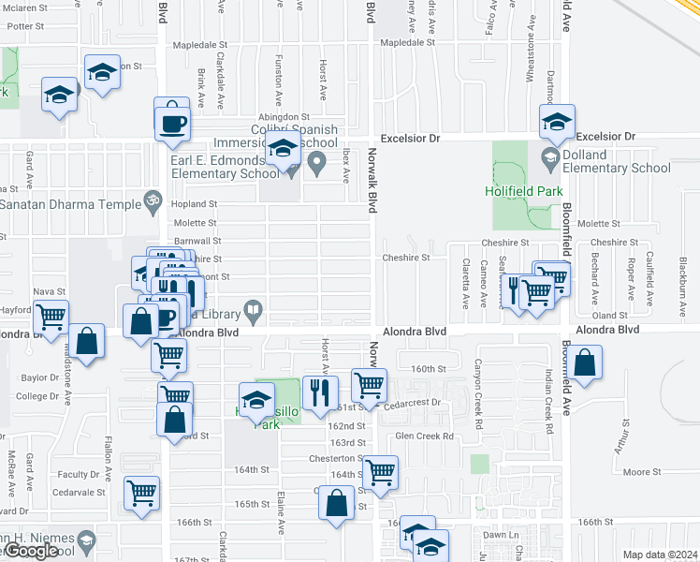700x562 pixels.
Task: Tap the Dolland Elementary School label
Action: (x=617, y=161)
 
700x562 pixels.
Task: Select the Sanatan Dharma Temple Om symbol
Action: (x=148, y=202)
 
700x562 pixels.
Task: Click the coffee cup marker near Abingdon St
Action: (x=172, y=122)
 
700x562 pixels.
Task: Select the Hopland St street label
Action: (x=195, y=203)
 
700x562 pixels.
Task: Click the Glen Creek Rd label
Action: (x=424, y=436)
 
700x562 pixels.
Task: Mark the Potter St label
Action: (x=25, y=26)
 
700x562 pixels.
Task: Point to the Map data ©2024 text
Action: (x=661, y=554)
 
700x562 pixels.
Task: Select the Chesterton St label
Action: (x=337, y=458)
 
